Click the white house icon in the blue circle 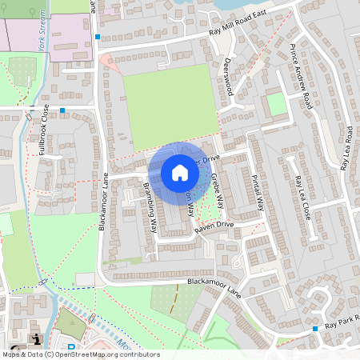(179, 172)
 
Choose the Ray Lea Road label (347, 147)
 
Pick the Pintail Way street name (257, 192)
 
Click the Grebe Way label (216, 189)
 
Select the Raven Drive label (214, 227)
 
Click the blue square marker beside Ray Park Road (316, 328)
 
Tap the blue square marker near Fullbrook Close (62, 110)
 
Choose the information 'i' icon (37, 339)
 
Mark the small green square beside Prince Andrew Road (276, 103)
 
